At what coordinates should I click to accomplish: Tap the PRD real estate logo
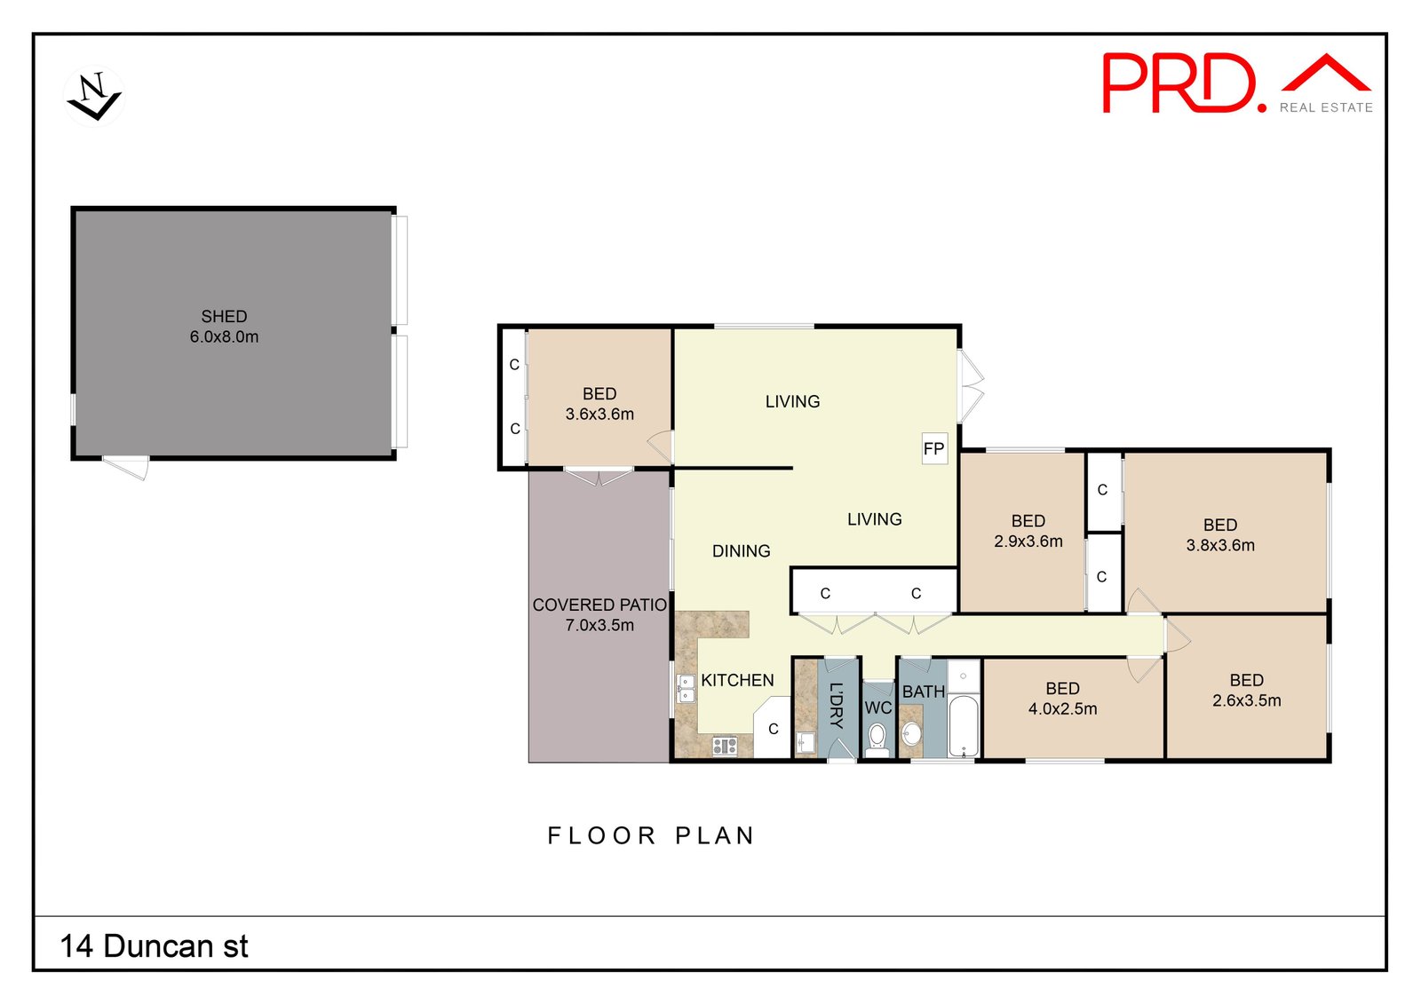tap(1237, 83)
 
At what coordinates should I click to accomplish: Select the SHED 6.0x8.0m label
tap(224, 326)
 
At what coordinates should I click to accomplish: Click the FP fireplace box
tap(933, 448)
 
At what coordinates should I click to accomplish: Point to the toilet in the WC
tap(877, 740)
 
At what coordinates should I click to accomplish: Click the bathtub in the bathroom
tap(964, 726)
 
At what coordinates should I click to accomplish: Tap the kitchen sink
tap(686, 689)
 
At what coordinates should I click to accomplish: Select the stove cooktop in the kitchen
tap(725, 746)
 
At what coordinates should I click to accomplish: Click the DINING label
tap(741, 550)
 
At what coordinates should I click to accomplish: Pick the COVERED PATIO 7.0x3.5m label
tap(599, 614)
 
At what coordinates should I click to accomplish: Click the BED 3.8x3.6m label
tap(1220, 534)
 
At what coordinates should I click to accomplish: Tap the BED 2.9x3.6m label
tap(1028, 531)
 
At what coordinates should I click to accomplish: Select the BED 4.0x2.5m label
tap(1062, 699)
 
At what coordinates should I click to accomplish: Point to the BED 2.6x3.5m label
tap(1247, 690)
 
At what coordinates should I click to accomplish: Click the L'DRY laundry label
tap(837, 705)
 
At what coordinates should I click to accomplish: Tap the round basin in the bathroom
tap(911, 734)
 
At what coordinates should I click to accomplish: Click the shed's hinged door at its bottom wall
tap(125, 467)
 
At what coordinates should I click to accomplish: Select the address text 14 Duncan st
tap(154, 945)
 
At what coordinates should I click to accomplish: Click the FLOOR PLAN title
tap(651, 835)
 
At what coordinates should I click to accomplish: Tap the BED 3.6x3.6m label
tap(599, 404)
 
